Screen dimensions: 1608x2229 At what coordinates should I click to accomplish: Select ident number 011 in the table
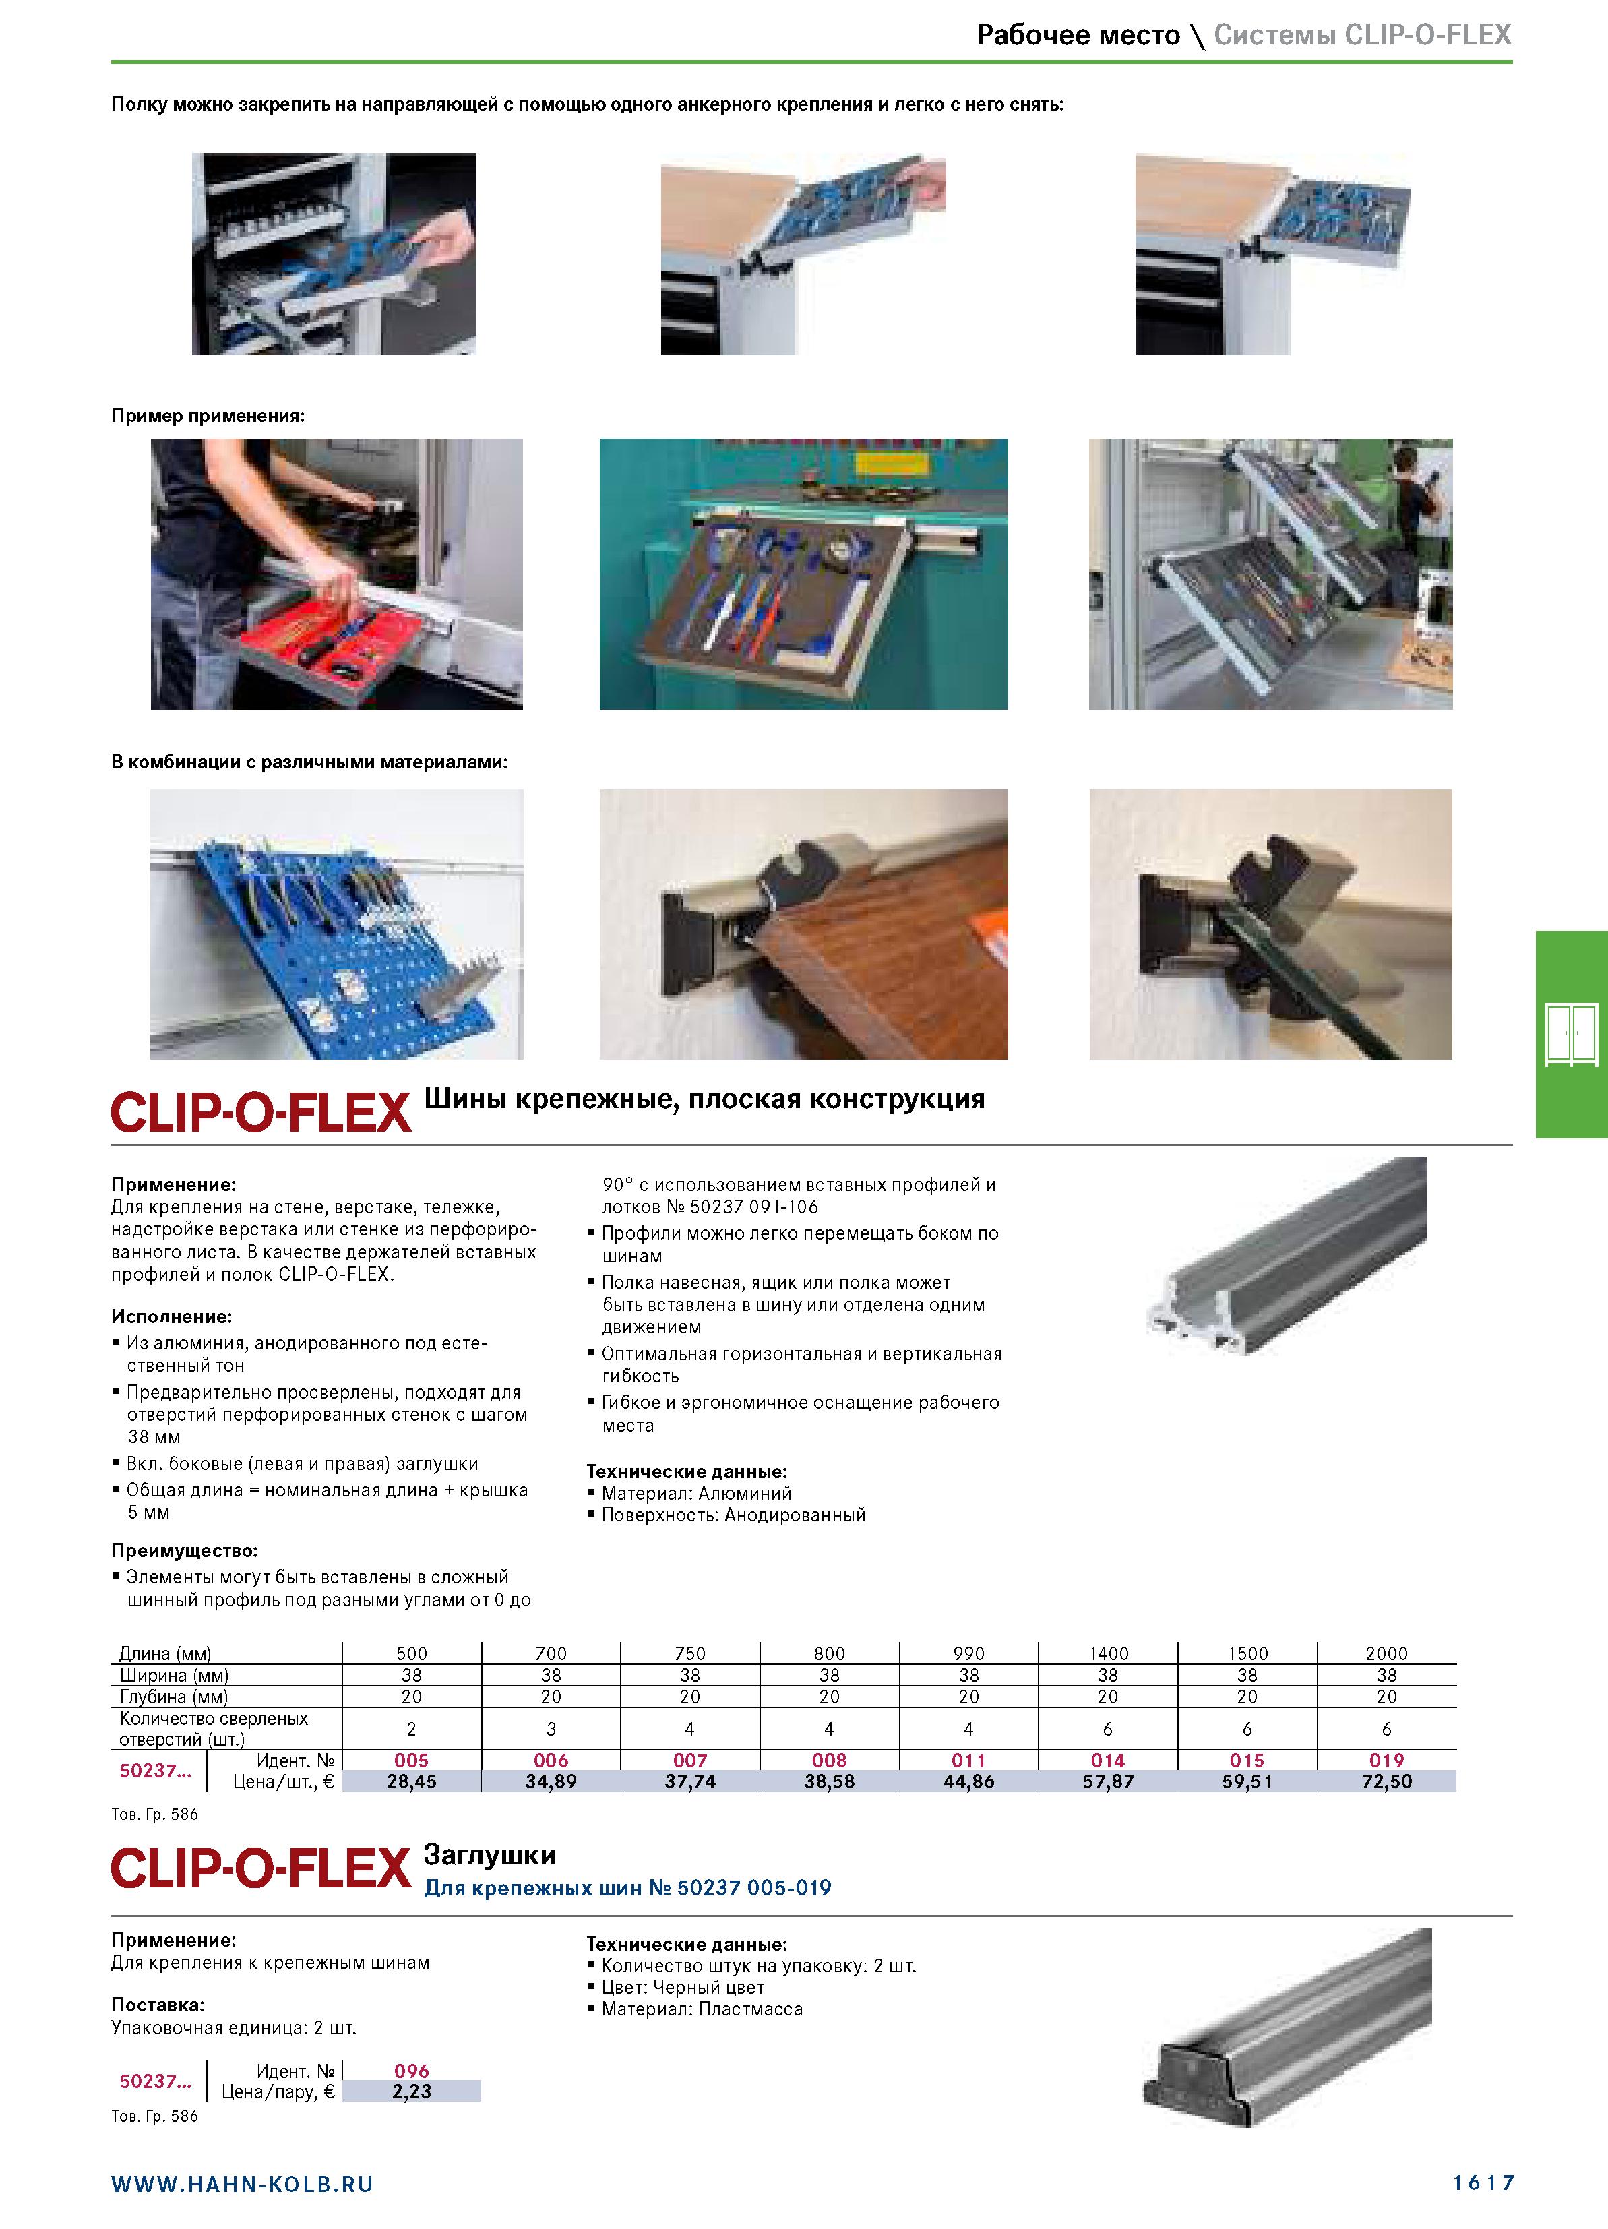(x=968, y=1760)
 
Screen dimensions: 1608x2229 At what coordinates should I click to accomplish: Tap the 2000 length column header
(x=1386, y=1653)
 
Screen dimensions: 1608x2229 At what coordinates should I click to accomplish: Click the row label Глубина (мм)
(x=174, y=1697)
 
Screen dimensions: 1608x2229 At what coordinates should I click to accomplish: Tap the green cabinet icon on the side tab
(x=1571, y=1035)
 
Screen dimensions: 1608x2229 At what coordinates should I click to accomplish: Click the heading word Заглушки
(x=489, y=1854)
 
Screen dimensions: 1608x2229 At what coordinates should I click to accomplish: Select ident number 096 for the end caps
(x=411, y=2071)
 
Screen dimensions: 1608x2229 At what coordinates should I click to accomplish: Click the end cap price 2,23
(x=411, y=2092)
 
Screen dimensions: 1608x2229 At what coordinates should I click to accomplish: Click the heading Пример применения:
(x=208, y=416)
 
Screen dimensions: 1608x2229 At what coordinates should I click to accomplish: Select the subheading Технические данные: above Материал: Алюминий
(x=687, y=1471)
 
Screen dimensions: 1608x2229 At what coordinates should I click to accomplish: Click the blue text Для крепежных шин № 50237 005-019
(x=627, y=1888)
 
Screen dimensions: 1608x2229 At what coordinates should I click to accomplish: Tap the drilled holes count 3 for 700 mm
(x=551, y=1729)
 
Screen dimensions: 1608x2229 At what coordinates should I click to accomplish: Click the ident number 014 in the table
(x=1108, y=1760)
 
